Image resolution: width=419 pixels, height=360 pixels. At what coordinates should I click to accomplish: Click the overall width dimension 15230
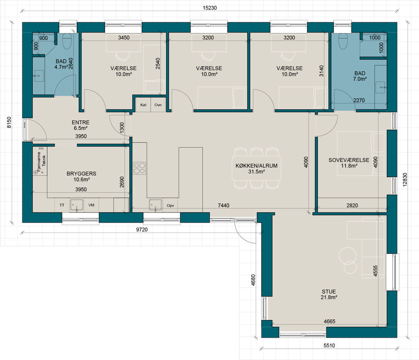click(210, 8)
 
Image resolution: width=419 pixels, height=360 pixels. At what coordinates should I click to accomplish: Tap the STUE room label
click(329, 291)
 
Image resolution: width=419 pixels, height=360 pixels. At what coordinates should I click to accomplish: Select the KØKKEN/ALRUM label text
click(257, 165)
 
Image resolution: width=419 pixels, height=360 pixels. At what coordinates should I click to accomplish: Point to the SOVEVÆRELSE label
click(349, 160)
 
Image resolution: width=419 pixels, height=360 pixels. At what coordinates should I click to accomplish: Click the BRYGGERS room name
click(82, 174)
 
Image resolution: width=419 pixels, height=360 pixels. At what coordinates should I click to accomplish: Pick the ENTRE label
click(81, 122)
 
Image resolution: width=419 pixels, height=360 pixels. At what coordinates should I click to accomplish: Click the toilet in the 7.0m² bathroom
click(343, 41)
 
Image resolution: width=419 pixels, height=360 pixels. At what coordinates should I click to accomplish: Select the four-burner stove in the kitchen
click(140, 168)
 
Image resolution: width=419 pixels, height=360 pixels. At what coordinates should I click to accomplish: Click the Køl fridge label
click(143, 105)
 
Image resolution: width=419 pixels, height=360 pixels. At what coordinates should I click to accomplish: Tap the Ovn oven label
click(158, 105)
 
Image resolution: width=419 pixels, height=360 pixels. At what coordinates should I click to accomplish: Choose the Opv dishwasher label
click(170, 206)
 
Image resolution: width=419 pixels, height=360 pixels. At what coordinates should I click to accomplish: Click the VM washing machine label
click(91, 205)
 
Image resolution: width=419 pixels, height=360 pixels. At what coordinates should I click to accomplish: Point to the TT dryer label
click(62, 205)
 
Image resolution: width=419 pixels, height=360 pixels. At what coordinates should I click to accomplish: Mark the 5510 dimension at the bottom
click(329, 345)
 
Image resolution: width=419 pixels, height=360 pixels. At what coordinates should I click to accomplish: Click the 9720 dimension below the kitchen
click(142, 230)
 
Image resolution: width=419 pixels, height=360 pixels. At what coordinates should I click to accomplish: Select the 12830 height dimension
click(405, 179)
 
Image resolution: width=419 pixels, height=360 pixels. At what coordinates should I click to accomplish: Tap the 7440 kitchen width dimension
click(223, 206)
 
